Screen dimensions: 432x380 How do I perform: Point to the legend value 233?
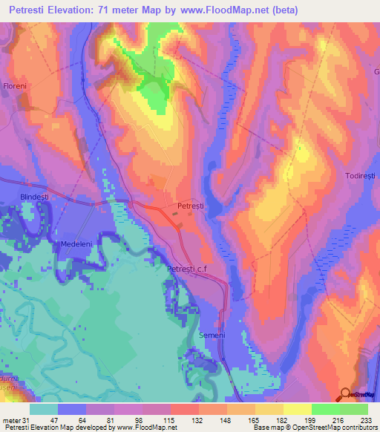(x=364, y=419)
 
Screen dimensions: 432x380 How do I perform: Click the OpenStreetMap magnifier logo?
(x=347, y=394)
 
